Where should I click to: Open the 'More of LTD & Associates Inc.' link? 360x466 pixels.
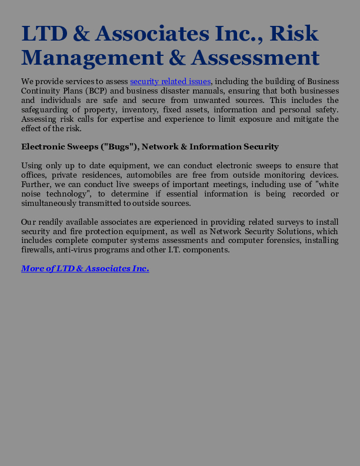click(x=85, y=268)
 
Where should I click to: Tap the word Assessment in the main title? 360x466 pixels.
click(x=255, y=58)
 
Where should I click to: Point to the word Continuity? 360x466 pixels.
click(x=41, y=91)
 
